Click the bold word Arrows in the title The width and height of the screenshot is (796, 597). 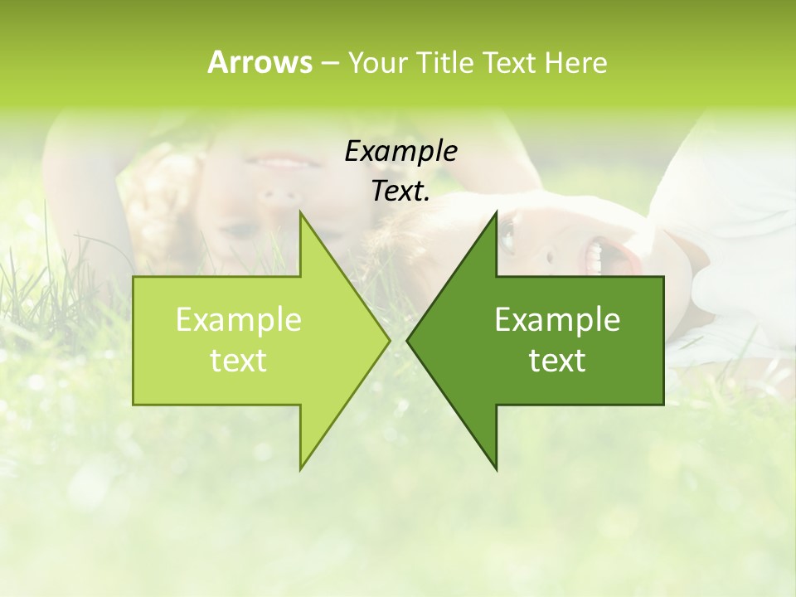point(260,62)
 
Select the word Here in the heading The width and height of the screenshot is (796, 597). point(575,63)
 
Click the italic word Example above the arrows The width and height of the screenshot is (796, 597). point(400,151)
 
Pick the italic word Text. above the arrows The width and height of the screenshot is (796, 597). point(400,191)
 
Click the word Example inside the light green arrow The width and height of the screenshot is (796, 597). point(238,319)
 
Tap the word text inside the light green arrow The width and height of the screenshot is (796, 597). point(238,361)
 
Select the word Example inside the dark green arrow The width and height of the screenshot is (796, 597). point(557,319)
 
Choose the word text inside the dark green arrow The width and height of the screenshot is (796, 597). point(557,361)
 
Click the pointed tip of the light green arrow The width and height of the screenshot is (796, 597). point(389,340)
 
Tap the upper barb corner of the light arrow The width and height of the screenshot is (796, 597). point(300,212)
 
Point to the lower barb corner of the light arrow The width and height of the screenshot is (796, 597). point(300,468)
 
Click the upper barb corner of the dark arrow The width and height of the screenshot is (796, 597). point(496,212)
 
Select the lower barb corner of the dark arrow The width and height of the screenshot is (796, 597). point(496,468)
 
